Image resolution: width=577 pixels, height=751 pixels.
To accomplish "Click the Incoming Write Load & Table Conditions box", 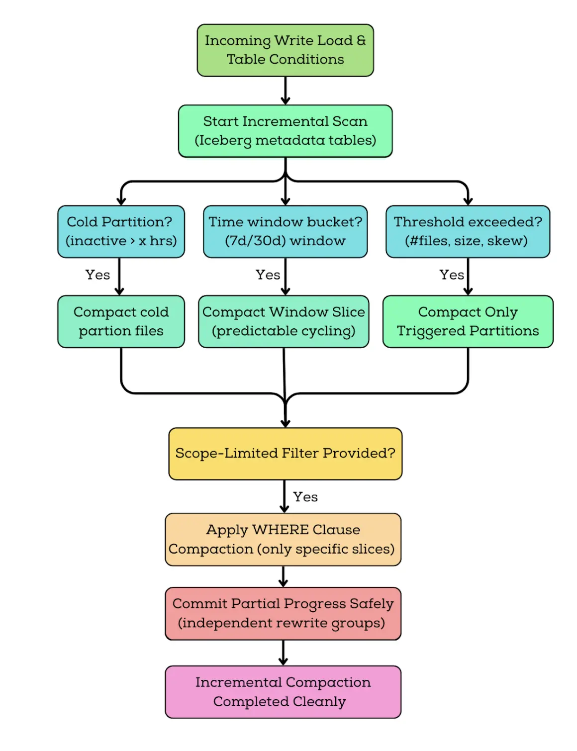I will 285,50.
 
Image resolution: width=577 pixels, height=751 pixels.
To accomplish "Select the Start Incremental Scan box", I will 285,131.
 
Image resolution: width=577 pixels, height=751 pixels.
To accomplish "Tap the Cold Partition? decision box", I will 121,231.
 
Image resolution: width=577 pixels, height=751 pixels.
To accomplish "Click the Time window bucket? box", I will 285,231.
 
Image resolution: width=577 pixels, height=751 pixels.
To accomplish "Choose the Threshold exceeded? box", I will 468,231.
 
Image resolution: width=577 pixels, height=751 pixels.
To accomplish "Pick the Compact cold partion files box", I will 121,321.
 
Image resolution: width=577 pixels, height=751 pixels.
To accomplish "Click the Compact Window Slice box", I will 284,321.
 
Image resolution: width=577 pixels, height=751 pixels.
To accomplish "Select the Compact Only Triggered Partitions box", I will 468,321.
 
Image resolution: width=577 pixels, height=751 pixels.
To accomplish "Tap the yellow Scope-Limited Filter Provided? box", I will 285,454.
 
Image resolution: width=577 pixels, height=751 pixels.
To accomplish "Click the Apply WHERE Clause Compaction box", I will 283,539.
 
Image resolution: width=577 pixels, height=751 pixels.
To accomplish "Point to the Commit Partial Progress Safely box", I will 283,613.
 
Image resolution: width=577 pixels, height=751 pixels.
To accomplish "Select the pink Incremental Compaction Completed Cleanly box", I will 283,692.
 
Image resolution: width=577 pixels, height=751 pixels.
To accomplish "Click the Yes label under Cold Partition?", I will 97,275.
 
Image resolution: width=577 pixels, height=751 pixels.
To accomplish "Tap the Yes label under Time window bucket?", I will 268,275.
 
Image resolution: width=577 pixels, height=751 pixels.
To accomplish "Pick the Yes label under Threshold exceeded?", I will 451,275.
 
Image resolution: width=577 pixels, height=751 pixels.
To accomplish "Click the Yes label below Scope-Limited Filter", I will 305,497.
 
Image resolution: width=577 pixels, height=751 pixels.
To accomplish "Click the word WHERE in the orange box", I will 280,530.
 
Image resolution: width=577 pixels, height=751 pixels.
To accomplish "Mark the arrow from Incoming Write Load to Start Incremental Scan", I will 285,91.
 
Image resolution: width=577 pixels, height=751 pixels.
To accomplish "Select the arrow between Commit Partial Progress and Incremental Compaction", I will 283,653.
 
